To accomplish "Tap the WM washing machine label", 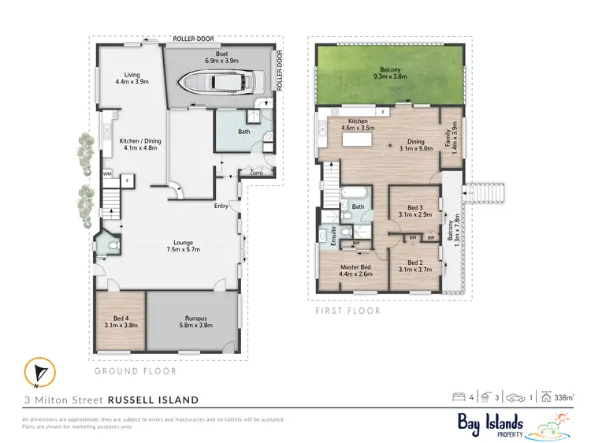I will click(107, 173).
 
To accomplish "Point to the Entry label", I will click(221, 207).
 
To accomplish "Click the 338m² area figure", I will click(563, 398).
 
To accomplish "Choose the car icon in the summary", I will click(515, 398).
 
